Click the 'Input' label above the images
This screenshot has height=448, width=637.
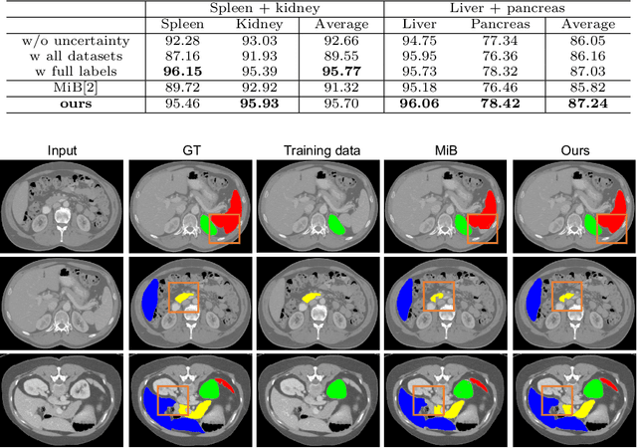tap(62, 150)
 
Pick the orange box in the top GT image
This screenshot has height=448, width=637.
tap(224, 228)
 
